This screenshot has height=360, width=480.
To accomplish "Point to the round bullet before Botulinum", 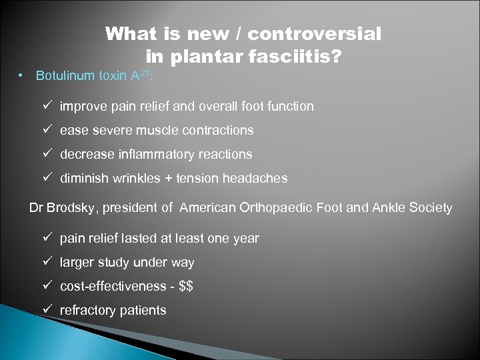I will (x=22, y=75).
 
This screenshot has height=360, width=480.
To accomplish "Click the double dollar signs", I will (x=187, y=286).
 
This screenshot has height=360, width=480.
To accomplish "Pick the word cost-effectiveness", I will (x=113, y=286).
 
